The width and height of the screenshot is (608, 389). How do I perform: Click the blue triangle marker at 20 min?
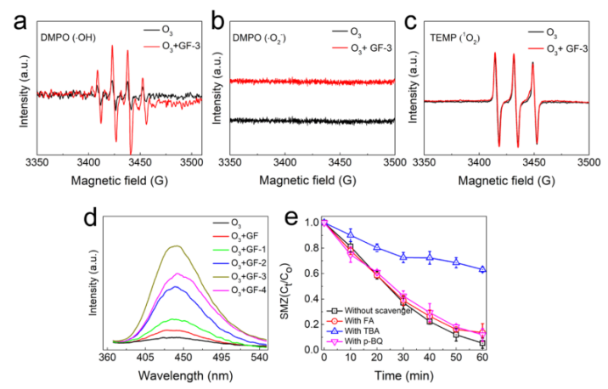click(401, 247)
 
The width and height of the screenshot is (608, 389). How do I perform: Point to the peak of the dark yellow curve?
click(176, 245)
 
